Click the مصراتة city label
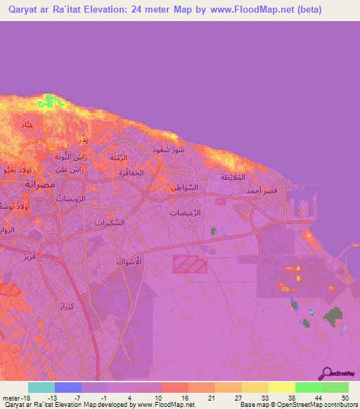point(30,183)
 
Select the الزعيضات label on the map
point(186,212)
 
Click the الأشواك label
point(129,261)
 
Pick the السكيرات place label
point(109,223)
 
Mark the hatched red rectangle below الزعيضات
point(190,264)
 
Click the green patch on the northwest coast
point(49,102)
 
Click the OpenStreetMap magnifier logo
point(327,373)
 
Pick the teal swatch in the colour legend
point(41,387)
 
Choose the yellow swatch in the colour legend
point(281,387)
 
